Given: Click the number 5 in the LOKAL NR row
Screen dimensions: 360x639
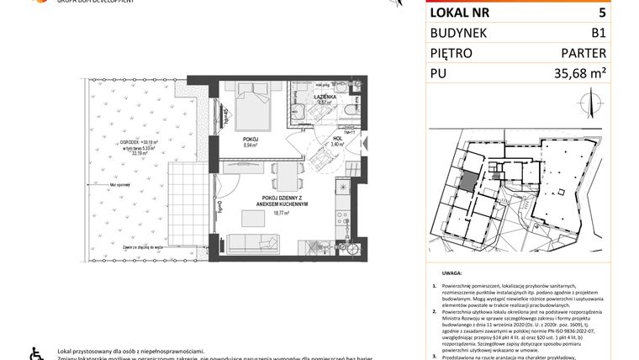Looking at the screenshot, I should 601,13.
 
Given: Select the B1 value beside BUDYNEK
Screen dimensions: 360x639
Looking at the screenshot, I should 598,34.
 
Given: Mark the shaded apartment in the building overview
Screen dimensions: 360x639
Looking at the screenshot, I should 467,180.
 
